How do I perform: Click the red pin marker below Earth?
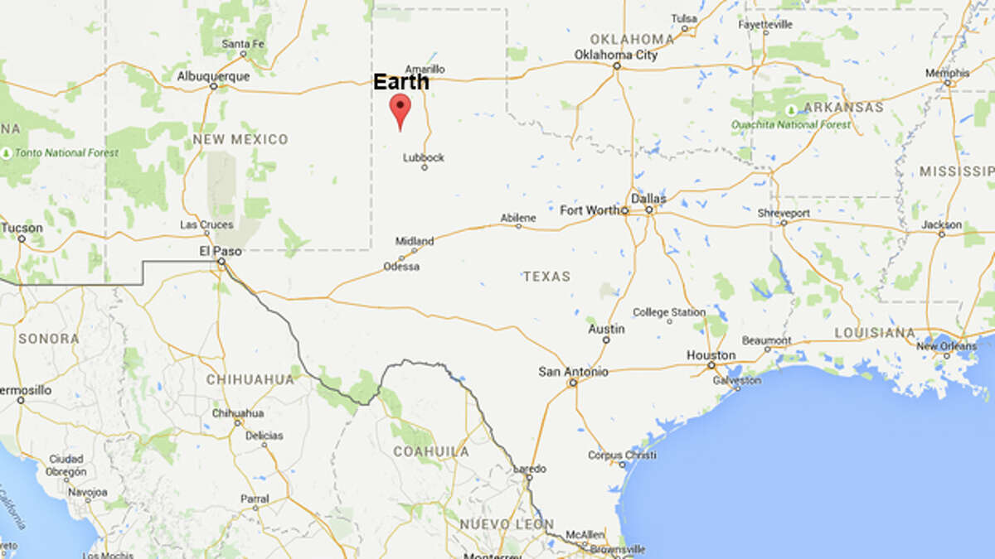coord(400,108)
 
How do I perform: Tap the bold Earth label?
coord(401,82)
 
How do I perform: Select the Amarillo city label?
coord(425,69)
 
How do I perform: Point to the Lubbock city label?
coord(424,157)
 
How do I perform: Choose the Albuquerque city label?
coord(213,76)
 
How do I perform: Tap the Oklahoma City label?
coord(615,55)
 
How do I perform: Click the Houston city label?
coord(711,355)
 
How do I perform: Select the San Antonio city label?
coord(573,372)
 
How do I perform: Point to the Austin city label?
coord(606,329)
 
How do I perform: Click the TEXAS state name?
coord(546,276)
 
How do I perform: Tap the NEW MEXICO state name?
coord(240,139)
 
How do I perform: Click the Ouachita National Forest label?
coord(791,125)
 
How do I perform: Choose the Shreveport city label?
coord(783,213)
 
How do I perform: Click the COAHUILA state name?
coord(430,451)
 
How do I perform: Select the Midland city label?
coord(414,241)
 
